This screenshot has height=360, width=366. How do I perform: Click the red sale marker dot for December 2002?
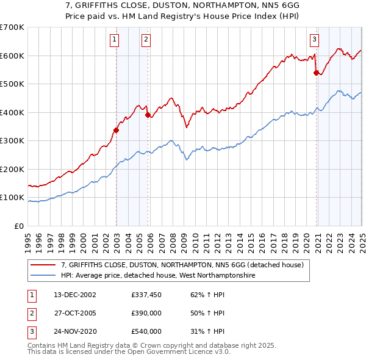tap(116, 129)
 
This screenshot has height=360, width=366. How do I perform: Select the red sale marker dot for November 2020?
tap(316, 73)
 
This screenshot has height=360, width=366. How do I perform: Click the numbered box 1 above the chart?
tap(115, 40)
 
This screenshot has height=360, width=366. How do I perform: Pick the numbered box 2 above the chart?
tap(146, 40)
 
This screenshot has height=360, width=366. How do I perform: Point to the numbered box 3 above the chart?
tap(315, 40)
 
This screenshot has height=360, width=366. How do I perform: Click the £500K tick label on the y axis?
tap(12, 84)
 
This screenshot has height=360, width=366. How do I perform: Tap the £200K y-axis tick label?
tap(12, 169)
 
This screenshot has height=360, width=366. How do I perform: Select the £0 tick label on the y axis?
tap(19, 226)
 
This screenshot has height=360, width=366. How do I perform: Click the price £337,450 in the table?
tap(146, 295)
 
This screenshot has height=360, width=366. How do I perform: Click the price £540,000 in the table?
tap(146, 331)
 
